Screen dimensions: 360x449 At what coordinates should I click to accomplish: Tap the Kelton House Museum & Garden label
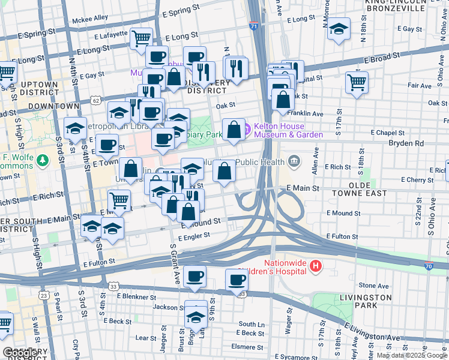(288, 130)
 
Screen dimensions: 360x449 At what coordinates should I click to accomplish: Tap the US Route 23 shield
(43, 295)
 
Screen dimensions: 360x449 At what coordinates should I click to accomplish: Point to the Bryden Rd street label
(406, 143)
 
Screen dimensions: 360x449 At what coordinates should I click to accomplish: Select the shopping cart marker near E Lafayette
(140, 39)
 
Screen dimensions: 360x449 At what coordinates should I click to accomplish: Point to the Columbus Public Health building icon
(294, 161)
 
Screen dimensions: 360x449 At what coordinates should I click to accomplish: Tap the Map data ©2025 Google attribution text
(412, 355)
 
